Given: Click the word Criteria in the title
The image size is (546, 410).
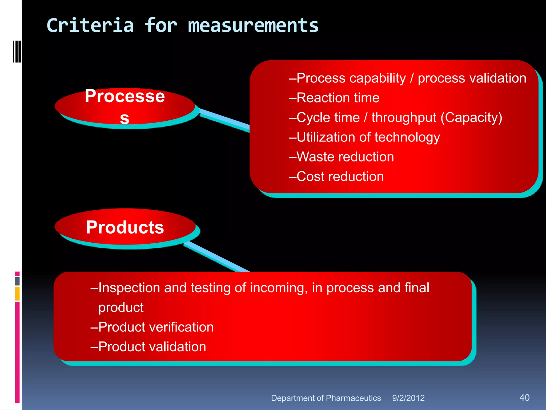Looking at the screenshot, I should [x=90, y=26].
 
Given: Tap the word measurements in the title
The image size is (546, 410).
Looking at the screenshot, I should [x=253, y=26].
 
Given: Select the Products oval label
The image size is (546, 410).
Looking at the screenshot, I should [x=125, y=227].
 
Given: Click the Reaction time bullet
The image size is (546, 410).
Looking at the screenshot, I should [x=334, y=98].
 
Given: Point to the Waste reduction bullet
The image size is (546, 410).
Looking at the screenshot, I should [x=342, y=157].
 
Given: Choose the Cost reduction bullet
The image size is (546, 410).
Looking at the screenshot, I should [x=336, y=176].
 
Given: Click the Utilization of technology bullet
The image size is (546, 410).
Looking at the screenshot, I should [x=364, y=137].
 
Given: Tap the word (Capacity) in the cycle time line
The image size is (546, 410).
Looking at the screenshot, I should [x=471, y=117].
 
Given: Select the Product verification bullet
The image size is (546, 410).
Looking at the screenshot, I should [x=152, y=327].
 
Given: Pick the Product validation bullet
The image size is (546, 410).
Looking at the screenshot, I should [x=148, y=347].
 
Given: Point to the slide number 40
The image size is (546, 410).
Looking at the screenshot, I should [x=524, y=397].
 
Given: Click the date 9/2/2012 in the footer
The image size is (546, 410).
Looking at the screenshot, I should [x=408, y=398].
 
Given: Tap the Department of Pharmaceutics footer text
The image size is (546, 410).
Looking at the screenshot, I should [x=326, y=398].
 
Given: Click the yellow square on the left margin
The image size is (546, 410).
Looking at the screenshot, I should [x=17, y=293].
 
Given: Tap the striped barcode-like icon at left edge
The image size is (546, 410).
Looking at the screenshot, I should [x=17, y=51].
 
